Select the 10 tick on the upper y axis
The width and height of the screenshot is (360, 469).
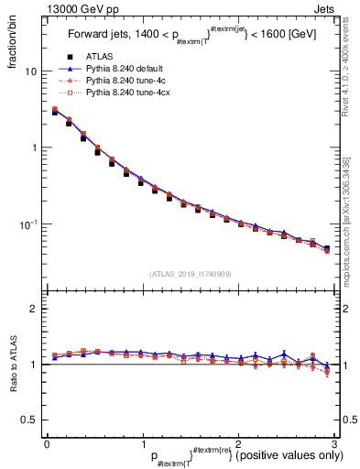[31, 71]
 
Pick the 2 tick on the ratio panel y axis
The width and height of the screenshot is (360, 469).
[34, 309]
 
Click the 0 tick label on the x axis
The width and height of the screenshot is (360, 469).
[47, 443]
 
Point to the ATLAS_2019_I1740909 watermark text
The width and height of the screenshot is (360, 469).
[188, 273]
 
